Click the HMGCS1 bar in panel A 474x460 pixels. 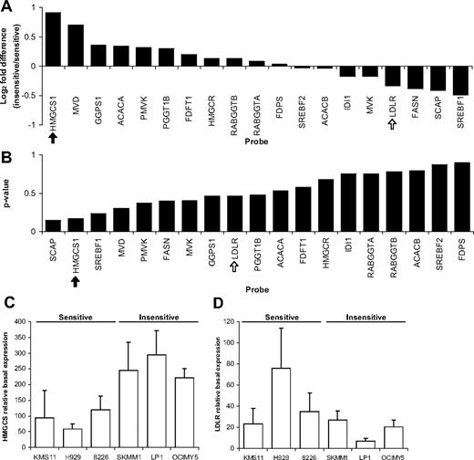pyautogui.click(x=54, y=39)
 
